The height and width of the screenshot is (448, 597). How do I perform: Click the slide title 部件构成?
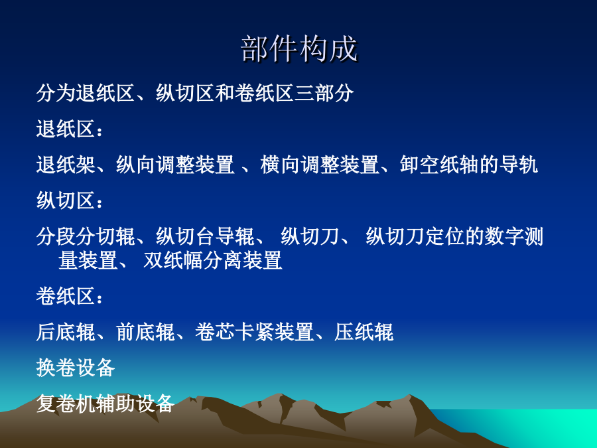coord(299,48)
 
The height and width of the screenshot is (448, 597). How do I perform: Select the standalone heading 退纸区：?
coord(70,129)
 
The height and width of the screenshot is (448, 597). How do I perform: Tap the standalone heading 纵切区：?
coord(70,200)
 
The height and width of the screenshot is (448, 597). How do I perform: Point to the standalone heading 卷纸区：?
coord(70,296)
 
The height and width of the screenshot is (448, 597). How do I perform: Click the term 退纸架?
coord(66,165)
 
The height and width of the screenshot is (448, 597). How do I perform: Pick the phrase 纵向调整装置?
coord(175,165)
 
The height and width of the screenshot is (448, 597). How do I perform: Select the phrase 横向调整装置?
coord(320,165)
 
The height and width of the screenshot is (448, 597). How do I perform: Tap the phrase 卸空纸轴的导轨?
coord(469,165)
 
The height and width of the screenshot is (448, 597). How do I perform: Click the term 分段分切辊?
coord(86,236)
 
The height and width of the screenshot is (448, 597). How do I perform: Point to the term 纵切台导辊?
coord(205,236)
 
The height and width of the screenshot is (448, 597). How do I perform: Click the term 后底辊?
coord(66,332)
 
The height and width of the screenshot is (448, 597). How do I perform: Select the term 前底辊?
coord(145,332)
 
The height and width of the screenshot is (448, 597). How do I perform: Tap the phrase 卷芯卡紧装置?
coord(254,332)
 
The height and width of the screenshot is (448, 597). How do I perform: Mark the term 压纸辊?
coord(364,332)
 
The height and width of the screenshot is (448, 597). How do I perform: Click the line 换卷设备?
coord(76,368)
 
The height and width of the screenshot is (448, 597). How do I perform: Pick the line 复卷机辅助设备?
coord(105,404)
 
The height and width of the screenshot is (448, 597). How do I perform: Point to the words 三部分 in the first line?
coord(324,93)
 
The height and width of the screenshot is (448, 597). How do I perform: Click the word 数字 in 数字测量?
coord(504,236)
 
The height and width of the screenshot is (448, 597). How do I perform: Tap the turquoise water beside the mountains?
coord(533,427)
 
